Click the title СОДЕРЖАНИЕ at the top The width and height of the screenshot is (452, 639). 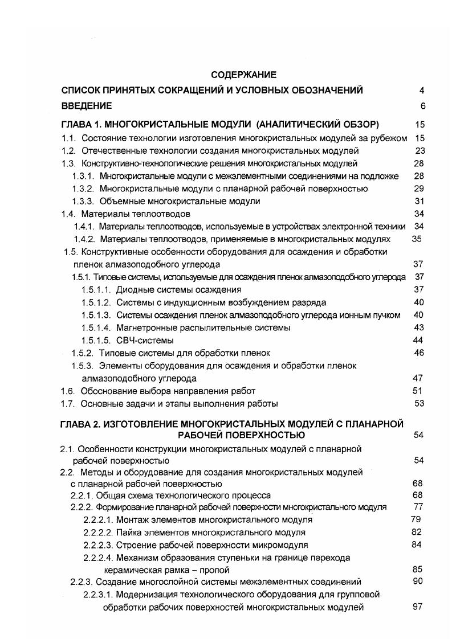point(243,75)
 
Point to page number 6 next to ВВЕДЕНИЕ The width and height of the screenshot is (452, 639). point(422,105)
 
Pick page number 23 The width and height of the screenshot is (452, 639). point(420,150)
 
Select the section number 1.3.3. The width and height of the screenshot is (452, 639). point(83,201)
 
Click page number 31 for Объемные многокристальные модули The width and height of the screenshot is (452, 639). point(420,201)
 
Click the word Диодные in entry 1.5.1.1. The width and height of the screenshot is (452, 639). point(135,289)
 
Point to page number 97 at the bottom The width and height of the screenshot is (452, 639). point(417,607)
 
